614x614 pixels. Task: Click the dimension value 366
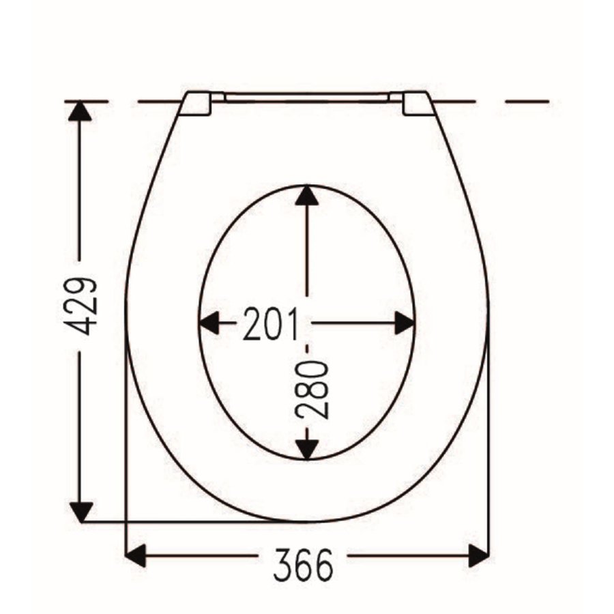click(x=304, y=564)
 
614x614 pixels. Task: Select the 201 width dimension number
click(x=271, y=325)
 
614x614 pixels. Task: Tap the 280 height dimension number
click(x=313, y=390)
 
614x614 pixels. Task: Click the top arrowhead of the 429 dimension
click(x=80, y=111)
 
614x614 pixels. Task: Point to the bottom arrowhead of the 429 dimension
click(x=81, y=512)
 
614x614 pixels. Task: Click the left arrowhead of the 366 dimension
click(x=136, y=555)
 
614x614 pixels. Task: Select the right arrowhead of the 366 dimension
click(x=478, y=555)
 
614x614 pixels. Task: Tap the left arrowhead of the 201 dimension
click(x=209, y=323)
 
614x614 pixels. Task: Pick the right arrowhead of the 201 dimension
click(x=405, y=323)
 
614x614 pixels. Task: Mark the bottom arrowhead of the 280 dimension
click(x=308, y=448)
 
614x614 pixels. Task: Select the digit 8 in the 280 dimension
click(x=313, y=390)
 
